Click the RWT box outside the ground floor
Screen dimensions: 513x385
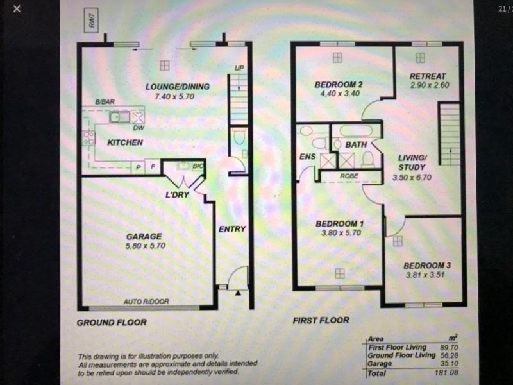click(91, 20)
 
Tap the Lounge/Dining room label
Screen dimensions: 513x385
click(178, 87)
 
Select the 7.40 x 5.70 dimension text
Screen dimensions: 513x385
click(174, 97)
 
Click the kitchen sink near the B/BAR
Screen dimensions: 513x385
click(119, 117)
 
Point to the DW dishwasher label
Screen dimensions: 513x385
click(139, 128)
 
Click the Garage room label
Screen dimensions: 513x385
click(144, 236)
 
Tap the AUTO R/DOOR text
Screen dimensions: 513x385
click(146, 302)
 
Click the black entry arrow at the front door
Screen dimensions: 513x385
click(238, 293)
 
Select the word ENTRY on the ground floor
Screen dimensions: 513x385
click(232, 229)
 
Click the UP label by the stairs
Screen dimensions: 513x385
click(239, 68)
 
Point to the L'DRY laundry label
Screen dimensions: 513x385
click(178, 195)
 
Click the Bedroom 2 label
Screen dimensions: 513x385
click(339, 85)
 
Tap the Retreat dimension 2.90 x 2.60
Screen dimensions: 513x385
click(430, 85)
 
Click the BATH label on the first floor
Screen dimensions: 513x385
click(356, 144)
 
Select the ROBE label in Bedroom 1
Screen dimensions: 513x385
click(349, 176)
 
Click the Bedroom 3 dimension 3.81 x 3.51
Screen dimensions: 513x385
click(425, 275)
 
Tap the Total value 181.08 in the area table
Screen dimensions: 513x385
click(446, 373)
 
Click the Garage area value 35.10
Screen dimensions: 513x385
click(450, 363)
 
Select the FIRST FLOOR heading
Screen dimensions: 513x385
click(321, 320)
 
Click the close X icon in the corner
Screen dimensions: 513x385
click(17, 9)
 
